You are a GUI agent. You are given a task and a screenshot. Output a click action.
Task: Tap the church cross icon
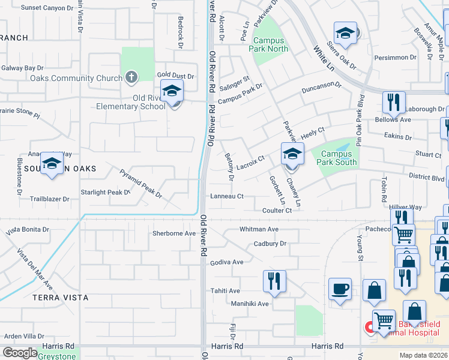point(131,77)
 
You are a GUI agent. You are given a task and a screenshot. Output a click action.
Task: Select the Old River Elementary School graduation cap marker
point(172,92)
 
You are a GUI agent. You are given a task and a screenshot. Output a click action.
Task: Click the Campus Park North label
point(270,45)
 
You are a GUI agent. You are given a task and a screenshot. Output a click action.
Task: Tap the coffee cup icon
point(340,289)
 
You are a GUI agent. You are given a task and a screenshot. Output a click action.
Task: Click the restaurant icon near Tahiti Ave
point(274,280)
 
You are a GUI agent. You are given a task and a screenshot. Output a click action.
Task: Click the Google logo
point(20,353)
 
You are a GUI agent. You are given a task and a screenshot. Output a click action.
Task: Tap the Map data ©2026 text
point(423,355)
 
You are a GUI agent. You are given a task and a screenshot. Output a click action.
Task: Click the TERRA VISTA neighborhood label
point(60,298)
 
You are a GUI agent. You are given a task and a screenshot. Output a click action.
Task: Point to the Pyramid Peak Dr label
point(141,184)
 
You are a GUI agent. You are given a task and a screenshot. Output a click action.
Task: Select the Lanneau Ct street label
point(227,196)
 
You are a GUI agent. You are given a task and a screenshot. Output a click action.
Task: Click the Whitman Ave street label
point(259,229)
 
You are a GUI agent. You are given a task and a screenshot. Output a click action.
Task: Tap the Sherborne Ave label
point(174,233)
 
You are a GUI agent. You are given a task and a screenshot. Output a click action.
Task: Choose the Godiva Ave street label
point(226,262)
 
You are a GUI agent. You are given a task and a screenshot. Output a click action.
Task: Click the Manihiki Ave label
point(250,304)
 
